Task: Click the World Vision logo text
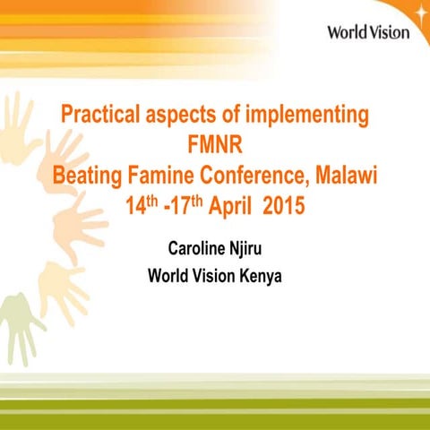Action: coord(367,32)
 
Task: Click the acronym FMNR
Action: coord(215,146)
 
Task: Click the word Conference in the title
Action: coord(256,176)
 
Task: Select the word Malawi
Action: coord(346,176)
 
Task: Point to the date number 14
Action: coord(136,207)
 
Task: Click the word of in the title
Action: coord(224,116)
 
